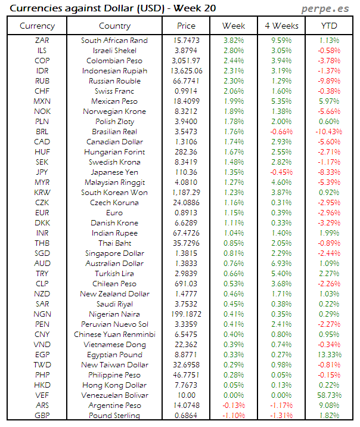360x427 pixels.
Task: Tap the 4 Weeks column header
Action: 281,26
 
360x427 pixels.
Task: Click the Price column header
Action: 186,26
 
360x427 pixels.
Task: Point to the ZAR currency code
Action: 42,41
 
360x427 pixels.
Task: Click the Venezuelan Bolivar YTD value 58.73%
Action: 328,395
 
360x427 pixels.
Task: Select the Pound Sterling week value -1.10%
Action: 233,415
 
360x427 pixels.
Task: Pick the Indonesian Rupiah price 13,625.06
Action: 187,71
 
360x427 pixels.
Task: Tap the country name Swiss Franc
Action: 114,91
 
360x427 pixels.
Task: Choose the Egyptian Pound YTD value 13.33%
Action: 328,355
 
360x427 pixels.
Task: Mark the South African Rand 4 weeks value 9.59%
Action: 281,41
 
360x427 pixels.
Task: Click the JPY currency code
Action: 42,172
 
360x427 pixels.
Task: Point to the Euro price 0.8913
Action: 187,213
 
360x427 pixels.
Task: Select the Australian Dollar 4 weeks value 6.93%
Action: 281,264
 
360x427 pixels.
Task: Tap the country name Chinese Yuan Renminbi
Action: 114,335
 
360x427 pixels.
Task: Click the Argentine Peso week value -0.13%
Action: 233,406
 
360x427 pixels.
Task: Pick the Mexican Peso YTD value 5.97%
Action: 329,101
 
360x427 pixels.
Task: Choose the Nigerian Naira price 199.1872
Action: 187,314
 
